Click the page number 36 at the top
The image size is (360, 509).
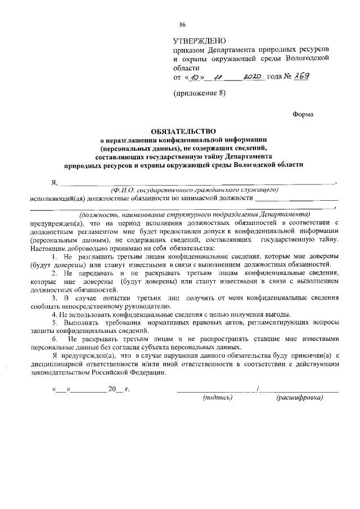[x=182, y=24]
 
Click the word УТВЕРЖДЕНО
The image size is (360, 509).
[x=199, y=40]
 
